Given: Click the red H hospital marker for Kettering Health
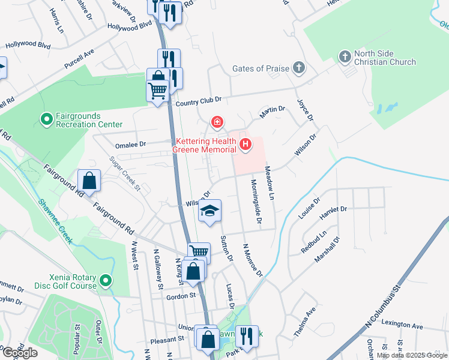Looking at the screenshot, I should [x=245, y=144].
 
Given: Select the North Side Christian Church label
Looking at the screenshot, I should [x=385, y=58].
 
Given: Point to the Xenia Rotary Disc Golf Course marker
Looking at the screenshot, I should [x=106, y=281].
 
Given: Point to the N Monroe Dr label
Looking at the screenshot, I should [x=253, y=260].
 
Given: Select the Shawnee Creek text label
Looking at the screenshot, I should [x=55, y=221].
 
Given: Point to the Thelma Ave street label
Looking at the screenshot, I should [x=306, y=319].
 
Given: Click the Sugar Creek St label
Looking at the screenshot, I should [x=124, y=174].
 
